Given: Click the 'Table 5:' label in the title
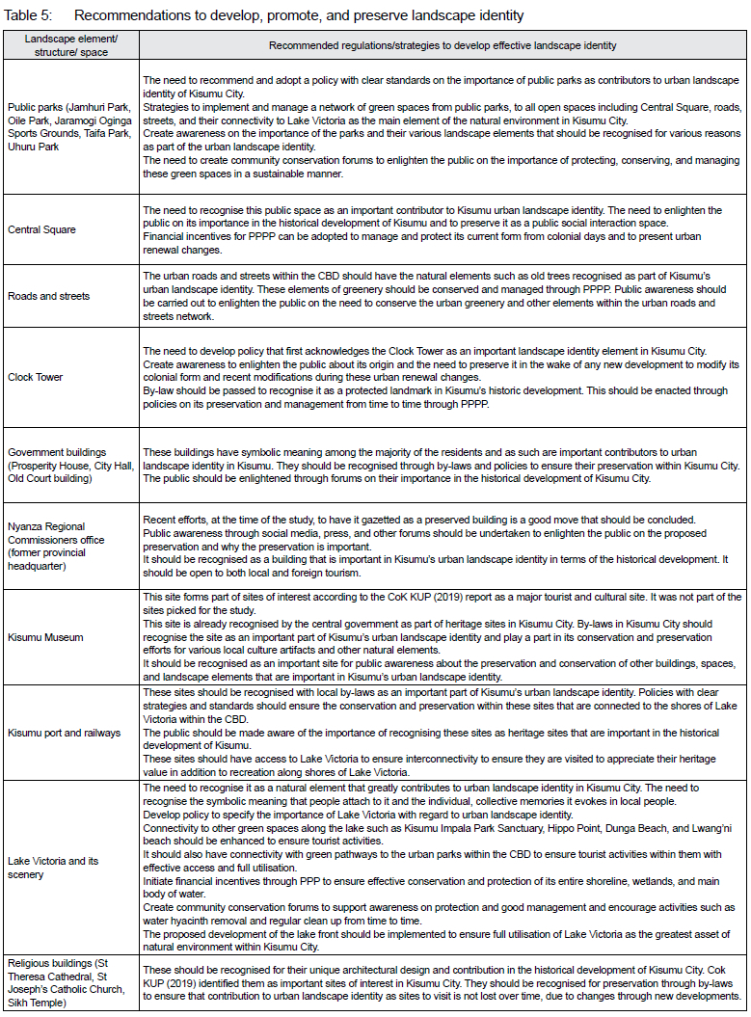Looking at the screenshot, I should coord(29,15).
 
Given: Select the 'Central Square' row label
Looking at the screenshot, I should coord(42,230).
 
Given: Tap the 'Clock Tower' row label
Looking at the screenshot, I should coord(37,377).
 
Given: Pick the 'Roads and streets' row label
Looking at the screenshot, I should coord(48,296).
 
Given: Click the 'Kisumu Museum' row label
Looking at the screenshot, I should coord(45,637).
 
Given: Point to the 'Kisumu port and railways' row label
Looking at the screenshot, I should coord(64,733).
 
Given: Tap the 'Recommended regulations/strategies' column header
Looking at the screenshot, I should coord(443,45).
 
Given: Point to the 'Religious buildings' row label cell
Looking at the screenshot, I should coord(70,982).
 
